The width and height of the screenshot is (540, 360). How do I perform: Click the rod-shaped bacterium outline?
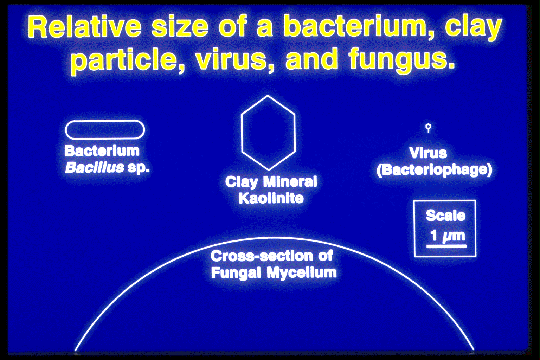105,130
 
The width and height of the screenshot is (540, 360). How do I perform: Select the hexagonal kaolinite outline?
268,133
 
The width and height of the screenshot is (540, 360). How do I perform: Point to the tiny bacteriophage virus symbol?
428,127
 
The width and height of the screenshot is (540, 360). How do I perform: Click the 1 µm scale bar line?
446,246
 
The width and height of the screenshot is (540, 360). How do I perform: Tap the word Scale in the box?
445,216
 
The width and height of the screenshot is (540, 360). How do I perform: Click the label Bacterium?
102,151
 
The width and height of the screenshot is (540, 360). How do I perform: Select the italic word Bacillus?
95,167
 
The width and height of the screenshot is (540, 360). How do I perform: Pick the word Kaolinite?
271,198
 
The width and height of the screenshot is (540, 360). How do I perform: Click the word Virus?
428,153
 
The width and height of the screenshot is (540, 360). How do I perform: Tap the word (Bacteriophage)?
434,170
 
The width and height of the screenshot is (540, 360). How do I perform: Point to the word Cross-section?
262,256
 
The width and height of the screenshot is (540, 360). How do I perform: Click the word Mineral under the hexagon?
290,182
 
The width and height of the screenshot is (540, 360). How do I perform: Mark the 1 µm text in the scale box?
447,235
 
